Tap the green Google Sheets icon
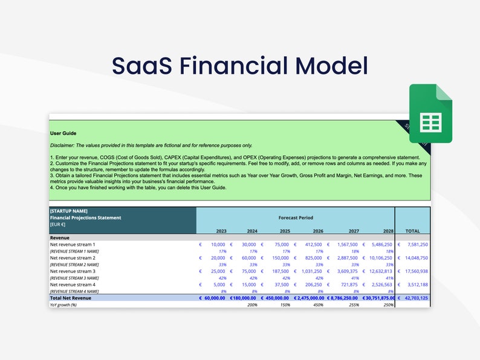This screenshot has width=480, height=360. [x=430, y=114]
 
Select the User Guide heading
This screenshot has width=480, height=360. [x=63, y=133]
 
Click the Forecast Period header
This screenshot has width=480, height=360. [x=296, y=217]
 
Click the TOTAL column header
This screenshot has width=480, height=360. [x=412, y=231]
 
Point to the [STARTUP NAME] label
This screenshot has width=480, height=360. [x=69, y=211]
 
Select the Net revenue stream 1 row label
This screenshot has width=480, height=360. [x=73, y=244]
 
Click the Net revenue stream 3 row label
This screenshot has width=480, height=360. [x=73, y=271]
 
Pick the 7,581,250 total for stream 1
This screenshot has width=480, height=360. [x=416, y=244]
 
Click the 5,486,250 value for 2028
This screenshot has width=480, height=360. [x=379, y=244]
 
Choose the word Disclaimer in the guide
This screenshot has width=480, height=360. [x=64, y=145]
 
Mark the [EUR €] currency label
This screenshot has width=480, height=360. [x=58, y=224]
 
